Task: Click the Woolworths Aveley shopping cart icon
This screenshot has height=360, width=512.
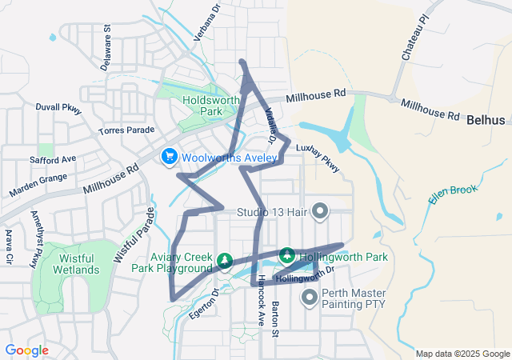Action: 169,157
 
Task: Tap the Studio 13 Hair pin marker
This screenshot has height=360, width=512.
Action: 320,212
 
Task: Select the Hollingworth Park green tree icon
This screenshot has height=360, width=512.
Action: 288,257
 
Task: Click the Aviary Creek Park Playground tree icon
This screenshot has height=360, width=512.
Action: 226,261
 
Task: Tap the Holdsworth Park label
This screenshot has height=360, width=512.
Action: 201,106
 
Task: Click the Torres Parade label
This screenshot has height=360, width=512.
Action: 126,130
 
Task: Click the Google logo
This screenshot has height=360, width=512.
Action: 27,350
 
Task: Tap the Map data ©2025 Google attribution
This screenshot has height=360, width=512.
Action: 462,354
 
